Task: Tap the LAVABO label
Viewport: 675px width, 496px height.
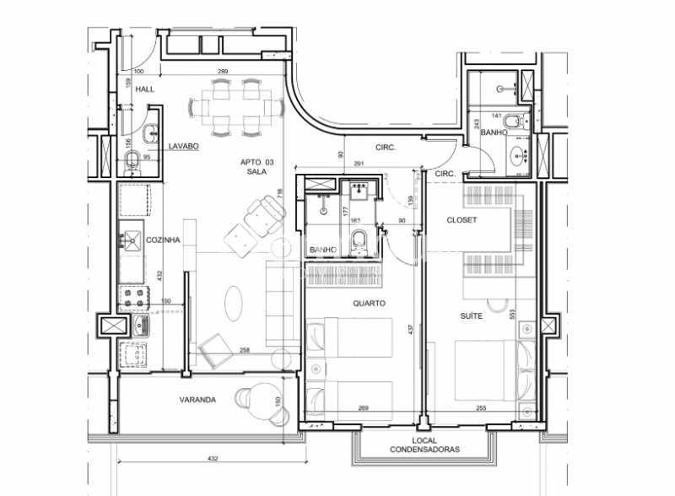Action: click(x=182, y=146)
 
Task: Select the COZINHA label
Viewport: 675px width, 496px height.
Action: click(x=163, y=240)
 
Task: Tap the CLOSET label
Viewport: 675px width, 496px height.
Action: click(x=462, y=220)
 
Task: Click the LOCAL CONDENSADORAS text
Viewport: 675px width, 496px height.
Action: click(x=436, y=445)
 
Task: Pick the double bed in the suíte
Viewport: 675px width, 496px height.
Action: click(x=483, y=369)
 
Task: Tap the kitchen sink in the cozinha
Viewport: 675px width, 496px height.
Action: click(x=132, y=243)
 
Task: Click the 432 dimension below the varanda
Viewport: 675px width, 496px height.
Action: click(x=213, y=458)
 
